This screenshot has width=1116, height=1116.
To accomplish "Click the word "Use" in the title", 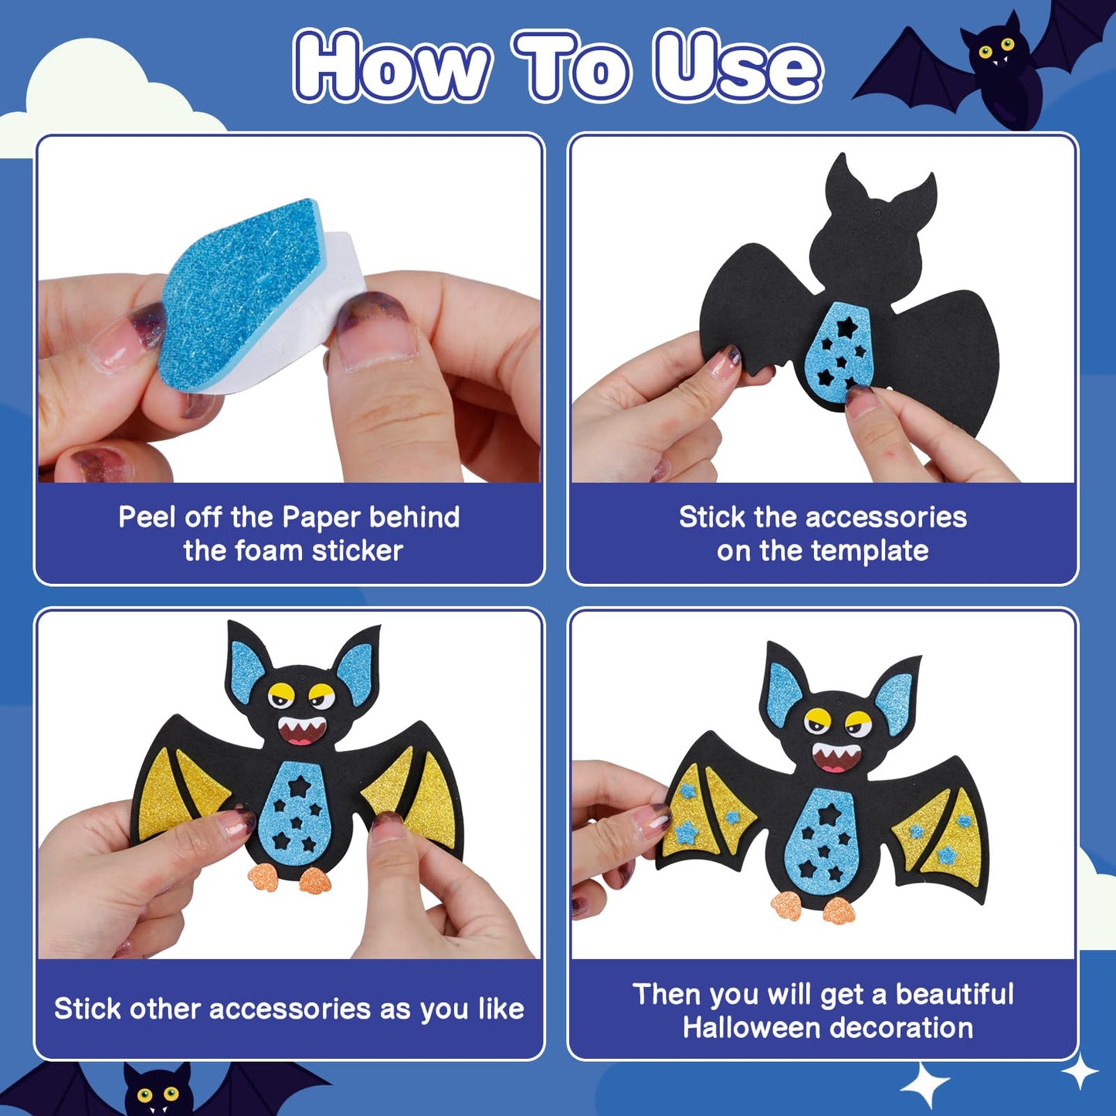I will pos(738,68).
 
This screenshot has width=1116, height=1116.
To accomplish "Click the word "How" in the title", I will pos(392,68).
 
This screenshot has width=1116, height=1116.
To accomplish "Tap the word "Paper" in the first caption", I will pos(321,517).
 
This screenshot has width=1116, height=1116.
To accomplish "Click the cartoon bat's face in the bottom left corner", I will pos(158,1093).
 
